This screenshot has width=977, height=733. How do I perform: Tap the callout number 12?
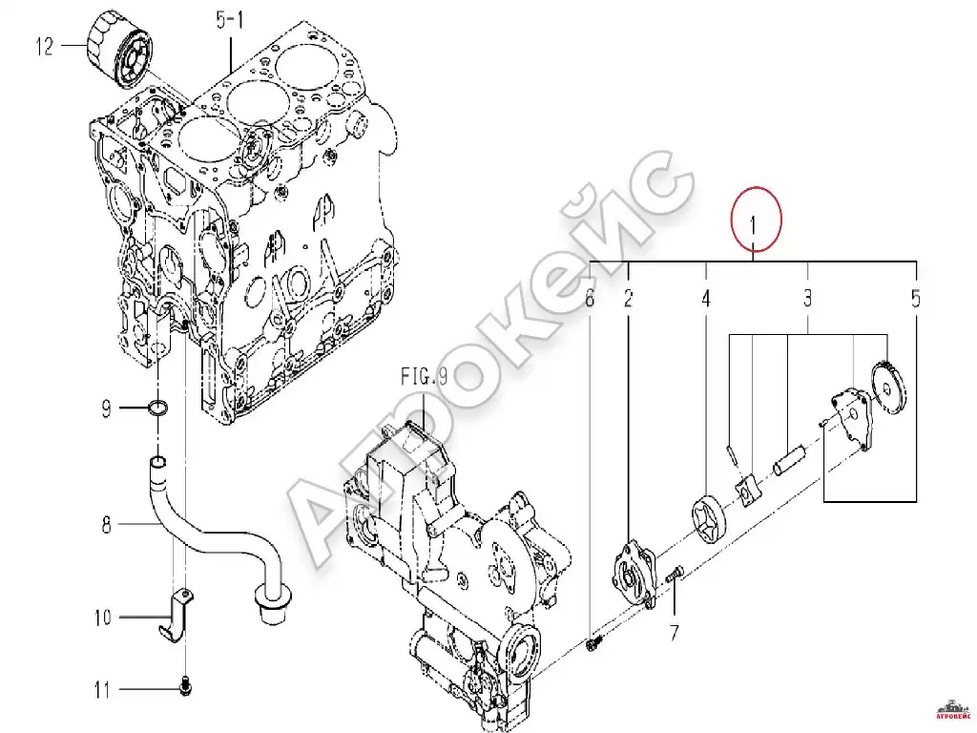point(45,46)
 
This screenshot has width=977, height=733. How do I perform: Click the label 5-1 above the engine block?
point(230,20)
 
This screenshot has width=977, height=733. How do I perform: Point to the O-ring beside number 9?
point(158,408)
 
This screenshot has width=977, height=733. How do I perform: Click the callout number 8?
point(107,525)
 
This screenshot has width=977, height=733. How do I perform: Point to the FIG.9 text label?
point(424,376)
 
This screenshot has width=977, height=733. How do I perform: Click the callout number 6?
point(590,298)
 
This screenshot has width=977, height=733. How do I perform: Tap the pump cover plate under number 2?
point(634,574)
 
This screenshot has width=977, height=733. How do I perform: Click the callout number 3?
point(807,298)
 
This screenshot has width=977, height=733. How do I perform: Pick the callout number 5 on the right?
point(915,298)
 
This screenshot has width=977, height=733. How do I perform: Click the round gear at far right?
point(888,388)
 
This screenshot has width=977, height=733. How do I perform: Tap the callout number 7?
point(675,634)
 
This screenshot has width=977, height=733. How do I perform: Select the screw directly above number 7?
point(675,574)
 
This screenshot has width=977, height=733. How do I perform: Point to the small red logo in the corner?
point(954,709)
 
